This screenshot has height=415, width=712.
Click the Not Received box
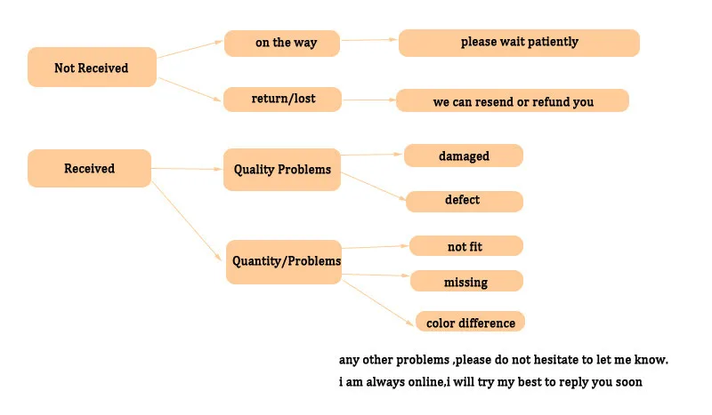pyautogui.click(x=92, y=68)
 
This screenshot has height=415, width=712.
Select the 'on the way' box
pyautogui.click(x=281, y=43)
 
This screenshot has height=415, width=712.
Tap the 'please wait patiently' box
pyautogui.click(x=519, y=42)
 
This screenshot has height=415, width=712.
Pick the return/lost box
pyautogui.click(x=281, y=98)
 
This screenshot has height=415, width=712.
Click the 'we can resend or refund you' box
pyautogui.click(x=513, y=101)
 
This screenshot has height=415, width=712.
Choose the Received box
pyautogui.click(x=89, y=168)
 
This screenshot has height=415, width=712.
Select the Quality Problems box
pyautogui.click(x=282, y=169)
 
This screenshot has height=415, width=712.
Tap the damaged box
pyautogui.click(x=464, y=156)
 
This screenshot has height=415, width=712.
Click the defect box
pyautogui.click(x=464, y=201)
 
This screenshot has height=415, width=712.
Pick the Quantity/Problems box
pyautogui.click(x=285, y=261)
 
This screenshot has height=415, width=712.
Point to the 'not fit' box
pyautogui.click(x=465, y=246)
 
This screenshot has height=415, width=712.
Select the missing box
pyautogui.click(x=465, y=282)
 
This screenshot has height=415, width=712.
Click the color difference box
pyautogui.click(x=470, y=322)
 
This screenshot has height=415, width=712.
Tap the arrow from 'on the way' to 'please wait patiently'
pyautogui.click(x=369, y=40)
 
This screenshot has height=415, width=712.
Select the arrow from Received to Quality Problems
pyautogui.click(x=187, y=168)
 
